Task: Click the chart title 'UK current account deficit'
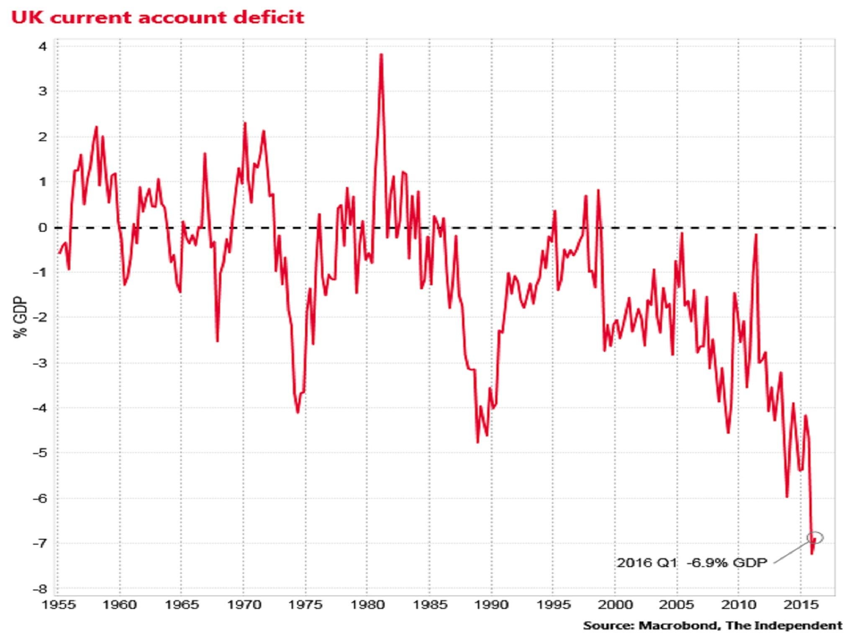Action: (x=158, y=18)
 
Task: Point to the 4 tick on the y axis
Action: (x=43, y=46)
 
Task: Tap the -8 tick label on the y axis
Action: (x=40, y=589)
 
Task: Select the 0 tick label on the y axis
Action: (x=43, y=228)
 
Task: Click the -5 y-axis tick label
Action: (x=40, y=453)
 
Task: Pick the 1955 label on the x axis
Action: (x=59, y=605)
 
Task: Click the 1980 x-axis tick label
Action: (x=367, y=605)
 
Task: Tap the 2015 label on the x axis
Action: (x=800, y=605)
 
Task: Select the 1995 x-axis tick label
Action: (x=553, y=605)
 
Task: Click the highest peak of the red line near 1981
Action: (x=381, y=54)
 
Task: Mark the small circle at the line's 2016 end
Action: (x=816, y=538)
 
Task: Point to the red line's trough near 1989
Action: (x=477, y=442)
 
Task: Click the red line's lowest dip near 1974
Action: (x=298, y=413)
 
